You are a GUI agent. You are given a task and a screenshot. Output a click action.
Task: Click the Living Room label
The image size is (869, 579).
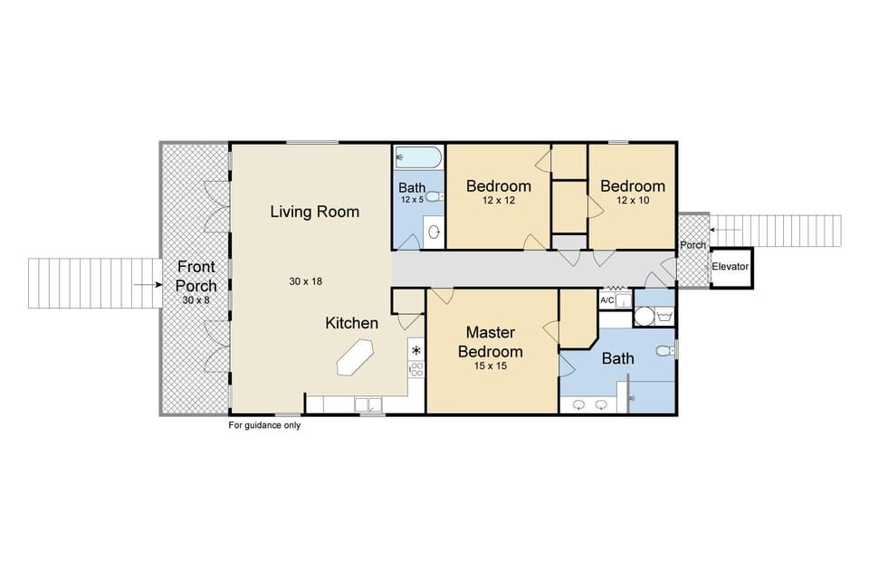point(314,212)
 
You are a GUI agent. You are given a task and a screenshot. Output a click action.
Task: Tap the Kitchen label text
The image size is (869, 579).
point(352,323)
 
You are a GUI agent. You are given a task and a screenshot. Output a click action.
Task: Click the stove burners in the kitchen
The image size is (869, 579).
point(416,368)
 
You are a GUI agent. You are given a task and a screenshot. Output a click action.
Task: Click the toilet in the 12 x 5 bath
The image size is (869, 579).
point(434,196)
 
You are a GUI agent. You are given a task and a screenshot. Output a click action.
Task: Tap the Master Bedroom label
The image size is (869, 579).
point(490,342)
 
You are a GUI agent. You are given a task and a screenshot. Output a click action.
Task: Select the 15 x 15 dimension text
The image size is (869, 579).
point(490,368)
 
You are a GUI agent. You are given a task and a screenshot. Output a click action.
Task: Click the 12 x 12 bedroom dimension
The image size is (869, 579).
point(498,201)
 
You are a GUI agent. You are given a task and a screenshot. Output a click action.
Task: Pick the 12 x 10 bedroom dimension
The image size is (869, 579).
point(633,201)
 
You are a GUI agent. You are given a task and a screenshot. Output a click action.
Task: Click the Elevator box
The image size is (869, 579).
point(731,267)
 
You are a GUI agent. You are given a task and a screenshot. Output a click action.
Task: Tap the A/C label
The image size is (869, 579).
point(607,299)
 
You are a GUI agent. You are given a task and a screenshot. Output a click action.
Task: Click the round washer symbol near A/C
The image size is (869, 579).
point(645,316)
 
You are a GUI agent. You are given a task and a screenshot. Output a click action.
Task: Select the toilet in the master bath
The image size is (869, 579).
point(664,351)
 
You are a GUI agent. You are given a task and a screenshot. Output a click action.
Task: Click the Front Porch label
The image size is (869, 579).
point(196,276)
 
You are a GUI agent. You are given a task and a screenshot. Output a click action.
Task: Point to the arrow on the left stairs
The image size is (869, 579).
point(141,284)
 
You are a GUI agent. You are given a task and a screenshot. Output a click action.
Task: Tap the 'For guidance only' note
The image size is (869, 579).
point(264,425)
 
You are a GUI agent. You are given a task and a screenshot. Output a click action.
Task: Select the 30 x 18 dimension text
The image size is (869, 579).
point(306,281)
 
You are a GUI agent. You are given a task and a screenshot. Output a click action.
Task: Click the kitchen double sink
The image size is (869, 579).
point(368,404)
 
